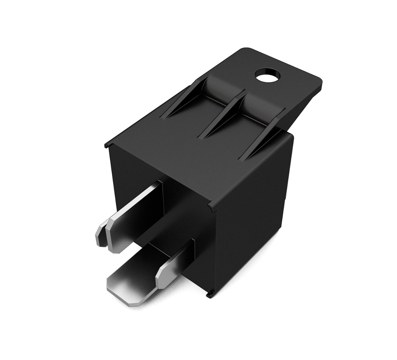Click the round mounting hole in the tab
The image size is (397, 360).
tap(267, 76)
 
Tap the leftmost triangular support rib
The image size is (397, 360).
tap(183, 99)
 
